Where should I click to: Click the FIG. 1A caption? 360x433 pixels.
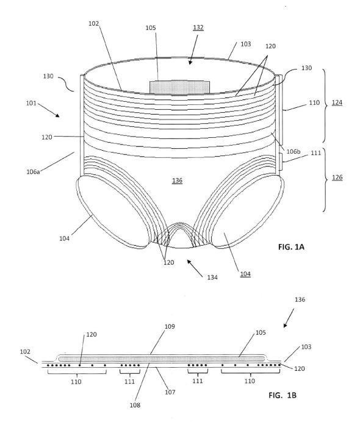291,246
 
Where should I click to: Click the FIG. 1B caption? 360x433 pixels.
283,395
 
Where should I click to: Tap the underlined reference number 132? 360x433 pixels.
198,27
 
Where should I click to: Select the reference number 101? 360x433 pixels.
31,103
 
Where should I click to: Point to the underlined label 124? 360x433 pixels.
337,102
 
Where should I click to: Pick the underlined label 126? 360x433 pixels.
337,177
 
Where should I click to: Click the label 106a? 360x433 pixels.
33,172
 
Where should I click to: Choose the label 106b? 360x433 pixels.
293,152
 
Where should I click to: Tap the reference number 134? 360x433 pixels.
212,277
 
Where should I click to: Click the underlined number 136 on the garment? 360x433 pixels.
177,181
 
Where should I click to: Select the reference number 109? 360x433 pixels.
170,326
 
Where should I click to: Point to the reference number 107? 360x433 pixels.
170,392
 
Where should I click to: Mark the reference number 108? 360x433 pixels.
135,405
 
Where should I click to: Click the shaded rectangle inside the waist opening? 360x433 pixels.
179,87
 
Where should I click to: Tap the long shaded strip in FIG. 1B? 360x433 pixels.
161,359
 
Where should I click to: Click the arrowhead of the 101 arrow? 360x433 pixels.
57,115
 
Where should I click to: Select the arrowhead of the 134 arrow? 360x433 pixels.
189,262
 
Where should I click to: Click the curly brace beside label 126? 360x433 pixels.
325,181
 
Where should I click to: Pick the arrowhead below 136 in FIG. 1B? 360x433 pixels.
285,325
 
